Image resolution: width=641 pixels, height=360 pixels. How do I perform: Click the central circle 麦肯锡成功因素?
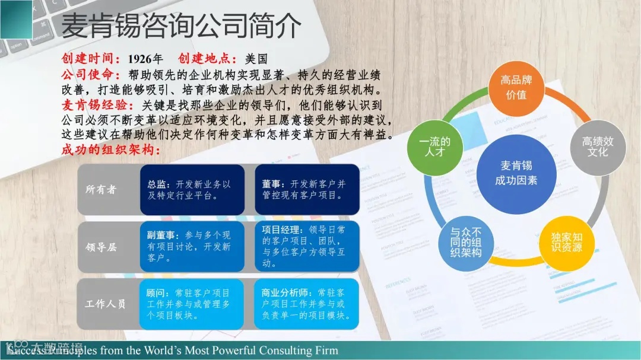tap(516, 173)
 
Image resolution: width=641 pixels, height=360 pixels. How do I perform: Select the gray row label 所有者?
tap(101, 190)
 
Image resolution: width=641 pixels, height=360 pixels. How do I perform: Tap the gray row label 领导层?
tap(101, 247)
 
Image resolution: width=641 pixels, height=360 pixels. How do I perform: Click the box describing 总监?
tap(192, 190)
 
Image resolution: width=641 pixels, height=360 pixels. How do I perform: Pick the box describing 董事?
tap(307, 190)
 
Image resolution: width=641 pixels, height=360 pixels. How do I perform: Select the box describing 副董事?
tap(192, 247)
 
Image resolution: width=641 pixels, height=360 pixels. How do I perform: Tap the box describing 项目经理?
tap(307, 247)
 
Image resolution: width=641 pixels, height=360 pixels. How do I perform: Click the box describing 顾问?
tap(192, 304)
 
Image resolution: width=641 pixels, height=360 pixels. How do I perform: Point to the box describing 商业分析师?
tap(307, 304)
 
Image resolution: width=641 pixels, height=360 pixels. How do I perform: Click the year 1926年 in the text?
tap(145, 59)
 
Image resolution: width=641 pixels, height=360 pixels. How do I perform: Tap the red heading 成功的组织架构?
tap(111, 150)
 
